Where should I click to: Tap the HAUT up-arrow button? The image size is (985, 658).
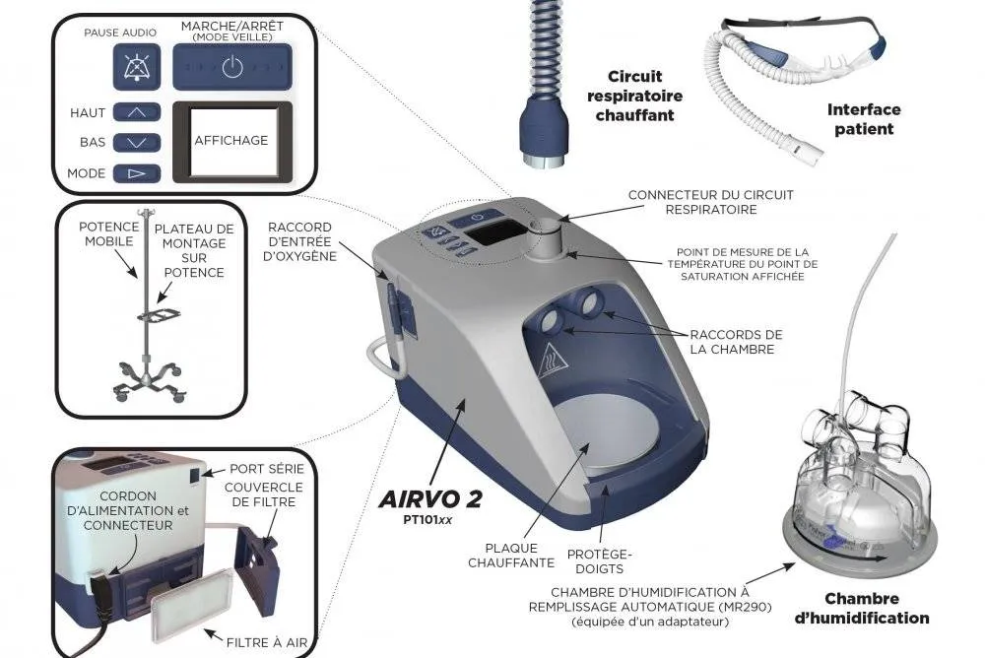point(136,112)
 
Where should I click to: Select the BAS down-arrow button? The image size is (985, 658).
point(136,143)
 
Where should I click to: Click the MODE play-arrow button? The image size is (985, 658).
point(136,173)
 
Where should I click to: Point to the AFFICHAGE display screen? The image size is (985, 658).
point(231,141)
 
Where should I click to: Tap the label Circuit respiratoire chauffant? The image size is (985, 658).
point(634,96)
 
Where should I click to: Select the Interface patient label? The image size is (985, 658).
point(864,119)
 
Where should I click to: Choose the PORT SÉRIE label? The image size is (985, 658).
point(266,469)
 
